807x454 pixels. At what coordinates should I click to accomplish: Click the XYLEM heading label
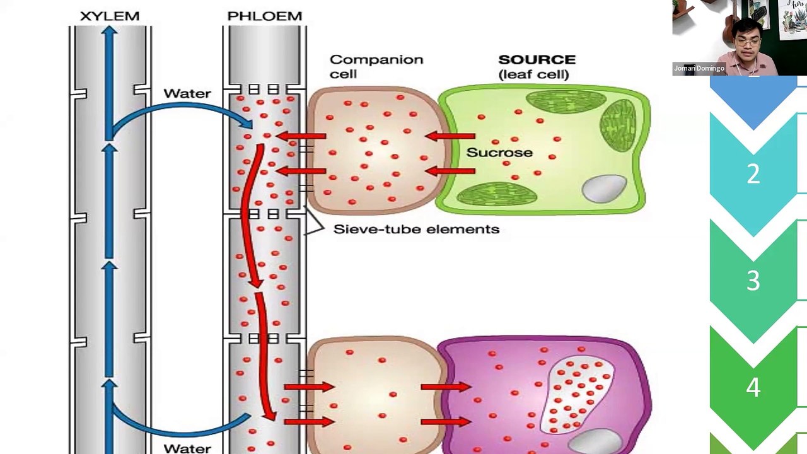click(110, 16)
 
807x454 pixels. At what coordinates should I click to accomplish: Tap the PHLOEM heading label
click(265, 16)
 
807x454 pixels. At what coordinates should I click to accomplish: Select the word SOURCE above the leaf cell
click(537, 59)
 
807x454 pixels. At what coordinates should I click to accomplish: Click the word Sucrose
click(499, 153)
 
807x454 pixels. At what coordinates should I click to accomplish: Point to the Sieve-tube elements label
click(417, 229)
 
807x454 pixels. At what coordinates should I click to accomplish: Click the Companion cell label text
click(376, 67)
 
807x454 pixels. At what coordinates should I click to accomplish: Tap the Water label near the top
click(187, 94)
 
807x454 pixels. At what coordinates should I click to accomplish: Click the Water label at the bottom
click(187, 448)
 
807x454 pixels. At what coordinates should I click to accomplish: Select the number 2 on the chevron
click(753, 174)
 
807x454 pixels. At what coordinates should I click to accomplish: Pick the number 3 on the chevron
click(753, 281)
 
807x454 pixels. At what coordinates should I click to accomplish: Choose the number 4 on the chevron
click(753, 387)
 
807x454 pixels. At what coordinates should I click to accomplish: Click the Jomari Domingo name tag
click(699, 69)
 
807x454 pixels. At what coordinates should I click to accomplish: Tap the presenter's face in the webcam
click(747, 42)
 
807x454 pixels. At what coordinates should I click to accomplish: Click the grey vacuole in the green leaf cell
click(604, 189)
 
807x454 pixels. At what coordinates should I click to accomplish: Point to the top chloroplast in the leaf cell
click(566, 102)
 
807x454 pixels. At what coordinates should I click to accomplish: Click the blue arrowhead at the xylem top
click(109, 31)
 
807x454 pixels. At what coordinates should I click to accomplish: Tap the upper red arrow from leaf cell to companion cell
click(450, 136)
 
